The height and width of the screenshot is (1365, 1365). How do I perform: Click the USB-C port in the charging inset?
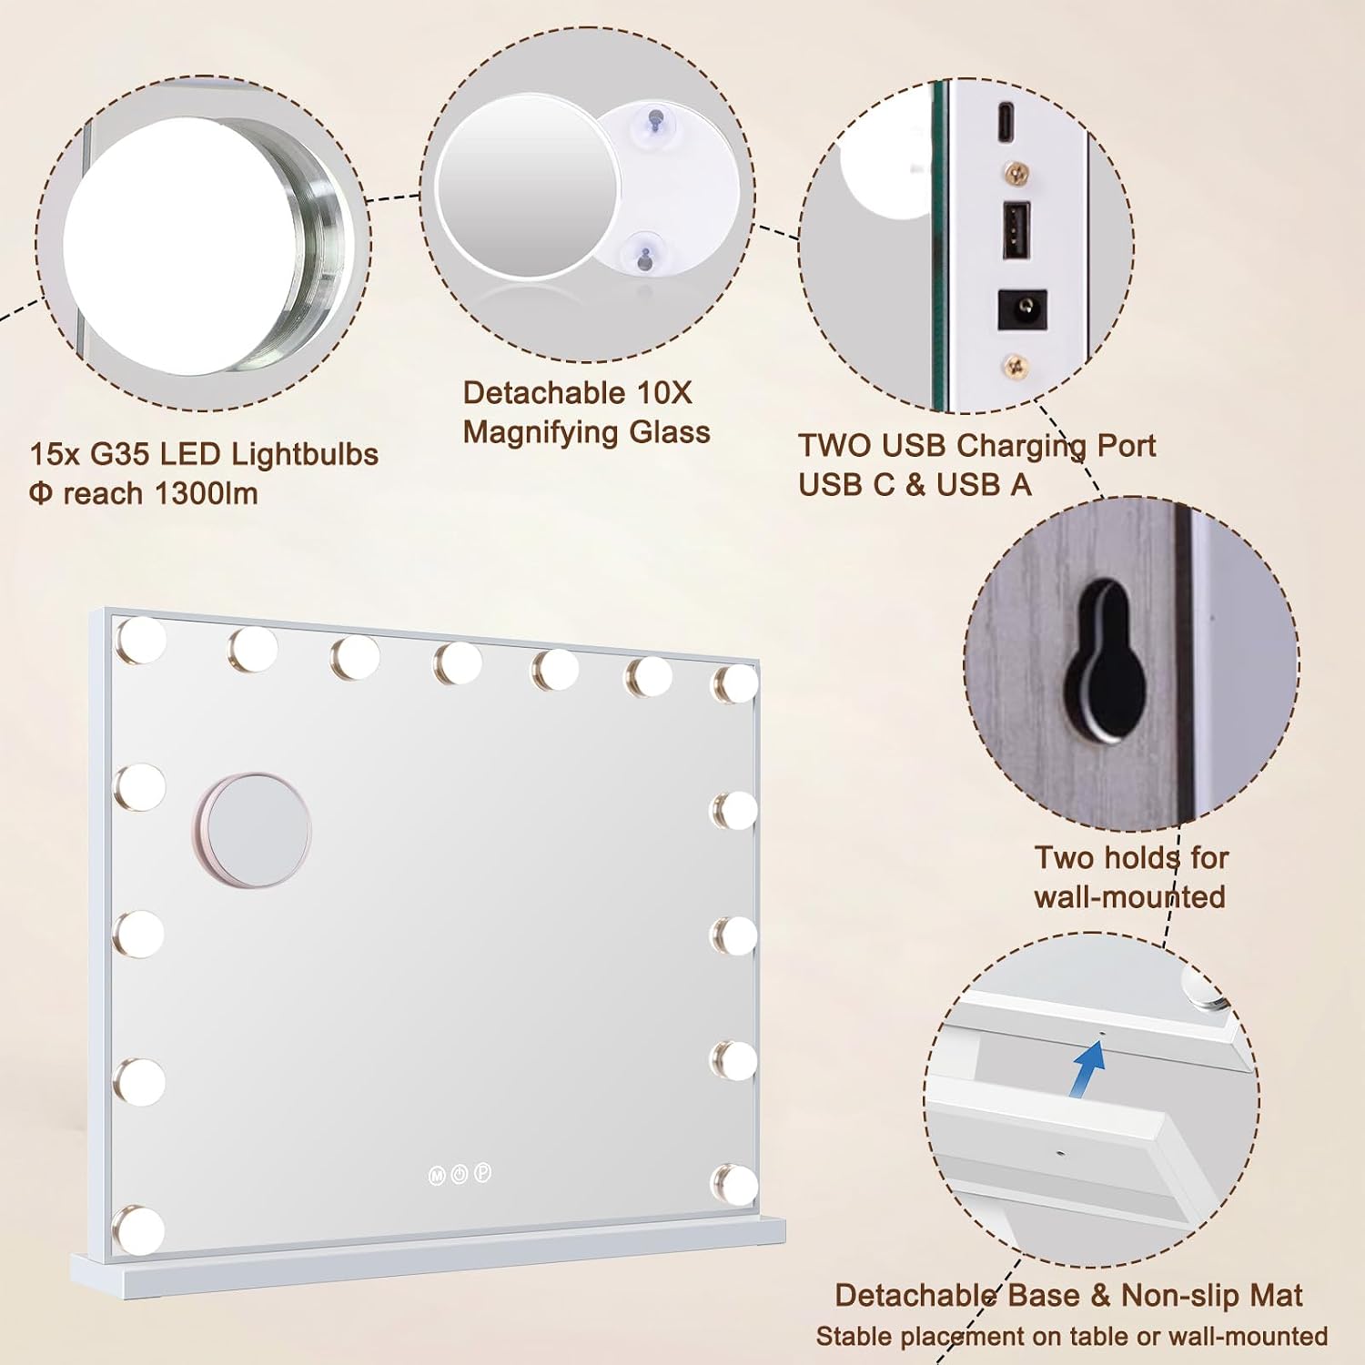(x=1005, y=122)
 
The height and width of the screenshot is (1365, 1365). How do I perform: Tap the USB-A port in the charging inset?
(x=1016, y=229)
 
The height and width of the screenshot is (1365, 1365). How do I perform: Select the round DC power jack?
(x=1022, y=309)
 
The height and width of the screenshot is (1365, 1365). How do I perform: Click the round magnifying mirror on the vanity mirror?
(x=256, y=830)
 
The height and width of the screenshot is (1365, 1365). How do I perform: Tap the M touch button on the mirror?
(x=437, y=1176)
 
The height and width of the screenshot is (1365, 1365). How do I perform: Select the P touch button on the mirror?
(x=483, y=1173)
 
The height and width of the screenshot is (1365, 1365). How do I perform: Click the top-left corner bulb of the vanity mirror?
(x=141, y=639)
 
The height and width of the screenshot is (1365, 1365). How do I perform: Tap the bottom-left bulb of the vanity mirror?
(x=139, y=1229)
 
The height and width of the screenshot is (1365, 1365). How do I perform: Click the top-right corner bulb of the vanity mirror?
(x=735, y=684)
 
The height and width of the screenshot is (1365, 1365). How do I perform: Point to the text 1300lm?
(x=206, y=493)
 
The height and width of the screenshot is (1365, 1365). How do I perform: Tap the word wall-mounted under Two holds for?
(x=1129, y=897)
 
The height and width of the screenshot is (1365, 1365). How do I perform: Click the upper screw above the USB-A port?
(x=1016, y=170)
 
